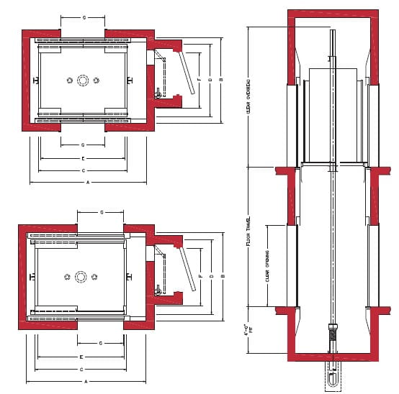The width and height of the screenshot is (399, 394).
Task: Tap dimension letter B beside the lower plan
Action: (x=223, y=276)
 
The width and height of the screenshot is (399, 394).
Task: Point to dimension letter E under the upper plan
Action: (x=84, y=157)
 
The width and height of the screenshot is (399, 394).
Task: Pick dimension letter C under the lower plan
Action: (x=84, y=369)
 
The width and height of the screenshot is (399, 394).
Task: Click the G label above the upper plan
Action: (x=84, y=15)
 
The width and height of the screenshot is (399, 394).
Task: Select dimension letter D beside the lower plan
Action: (x=210, y=276)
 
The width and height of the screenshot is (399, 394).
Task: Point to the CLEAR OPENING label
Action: (x=267, y=265)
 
